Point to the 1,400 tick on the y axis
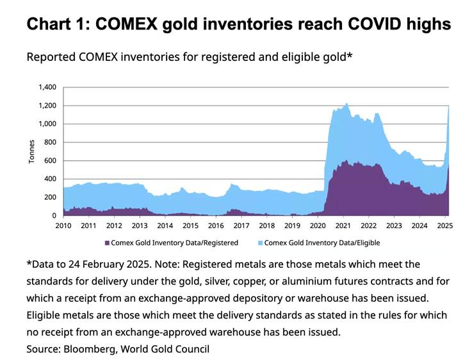tap(47, 87)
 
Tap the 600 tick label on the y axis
tap(51, 161)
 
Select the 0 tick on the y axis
tap(55, 216)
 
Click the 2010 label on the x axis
tap(63, 225)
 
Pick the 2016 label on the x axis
tap(216, 225)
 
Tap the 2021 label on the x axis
tap(343, 225)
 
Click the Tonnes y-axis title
tap(31, 151)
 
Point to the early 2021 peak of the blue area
tap(346, 104)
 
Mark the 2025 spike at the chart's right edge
tap(448, 109)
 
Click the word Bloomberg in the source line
tap(88, 349)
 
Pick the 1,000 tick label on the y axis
tap(47, 124)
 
